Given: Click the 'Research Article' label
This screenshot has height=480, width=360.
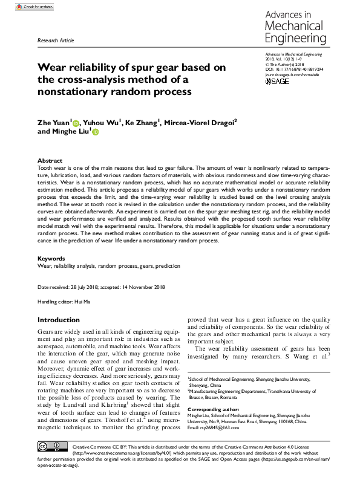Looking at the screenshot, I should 56,40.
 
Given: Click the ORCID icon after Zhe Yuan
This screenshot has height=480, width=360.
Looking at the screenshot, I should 76,122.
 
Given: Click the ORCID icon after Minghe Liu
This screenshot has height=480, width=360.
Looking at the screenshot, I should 94,132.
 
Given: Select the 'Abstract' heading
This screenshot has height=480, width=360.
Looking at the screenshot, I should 50,154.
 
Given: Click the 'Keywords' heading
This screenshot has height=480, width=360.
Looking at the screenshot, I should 52,258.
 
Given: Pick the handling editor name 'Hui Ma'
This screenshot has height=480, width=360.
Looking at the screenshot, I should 82,300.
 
